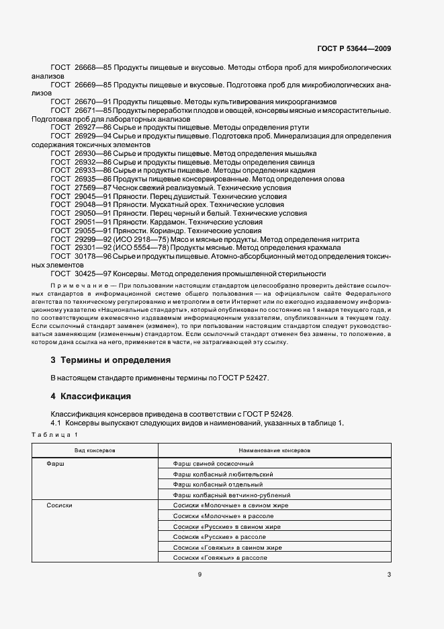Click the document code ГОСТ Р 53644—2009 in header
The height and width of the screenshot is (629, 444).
point(353,48)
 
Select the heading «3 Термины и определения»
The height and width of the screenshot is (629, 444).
point(111,360)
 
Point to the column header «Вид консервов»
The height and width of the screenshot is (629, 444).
point(95,450)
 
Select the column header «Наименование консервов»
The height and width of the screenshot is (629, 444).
point(274,450)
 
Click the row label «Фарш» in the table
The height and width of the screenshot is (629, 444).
point(55,464)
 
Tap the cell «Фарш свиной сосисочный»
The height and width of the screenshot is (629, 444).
point(213,464)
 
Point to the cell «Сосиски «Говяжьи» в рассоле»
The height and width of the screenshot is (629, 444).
point(220,558)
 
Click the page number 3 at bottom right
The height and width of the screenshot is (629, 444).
point(389,574)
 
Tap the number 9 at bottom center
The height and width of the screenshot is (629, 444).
point(199,574)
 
